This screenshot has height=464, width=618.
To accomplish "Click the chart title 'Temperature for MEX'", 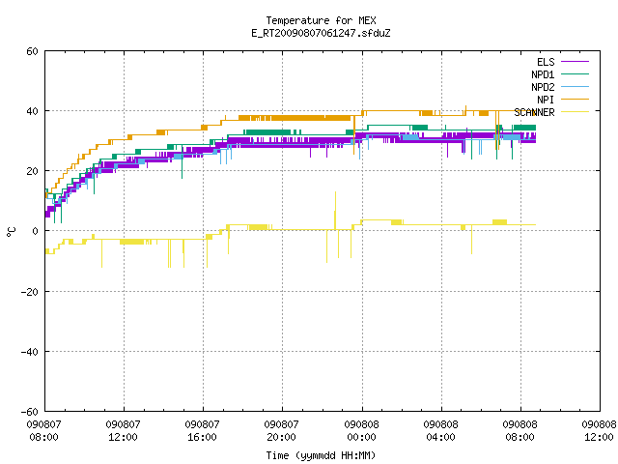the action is [321, 20].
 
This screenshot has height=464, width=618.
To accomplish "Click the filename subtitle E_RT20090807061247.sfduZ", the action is [321, 33].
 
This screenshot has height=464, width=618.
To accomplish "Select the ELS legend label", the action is [546, 62].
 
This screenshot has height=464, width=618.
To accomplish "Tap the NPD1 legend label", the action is [543, 74].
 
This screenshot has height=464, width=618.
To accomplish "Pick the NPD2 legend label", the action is [543, 87].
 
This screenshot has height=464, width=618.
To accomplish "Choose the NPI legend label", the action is [546, 100].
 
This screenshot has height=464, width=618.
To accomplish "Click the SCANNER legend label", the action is [534, 112].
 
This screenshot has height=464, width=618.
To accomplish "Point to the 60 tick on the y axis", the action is [32, 51].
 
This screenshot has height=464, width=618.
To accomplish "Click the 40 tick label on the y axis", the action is [32, 111].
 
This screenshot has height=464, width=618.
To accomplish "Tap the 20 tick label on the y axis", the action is [32, 171].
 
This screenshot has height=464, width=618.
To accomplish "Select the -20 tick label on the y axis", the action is [30, 292].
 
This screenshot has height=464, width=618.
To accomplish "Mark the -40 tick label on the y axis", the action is [30, 352].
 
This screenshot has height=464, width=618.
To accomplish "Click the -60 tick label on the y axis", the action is [30, 412].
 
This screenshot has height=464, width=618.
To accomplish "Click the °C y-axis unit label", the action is [12, 232].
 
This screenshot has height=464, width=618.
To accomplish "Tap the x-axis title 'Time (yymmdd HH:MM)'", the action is [321, 455].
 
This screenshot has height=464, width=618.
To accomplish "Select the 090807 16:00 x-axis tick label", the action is [202, 431].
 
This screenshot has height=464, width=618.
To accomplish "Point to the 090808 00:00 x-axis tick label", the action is [361, 431].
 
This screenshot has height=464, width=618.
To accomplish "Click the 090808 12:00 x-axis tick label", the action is [599, 431].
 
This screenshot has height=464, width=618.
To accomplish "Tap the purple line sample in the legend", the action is [576, 62].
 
